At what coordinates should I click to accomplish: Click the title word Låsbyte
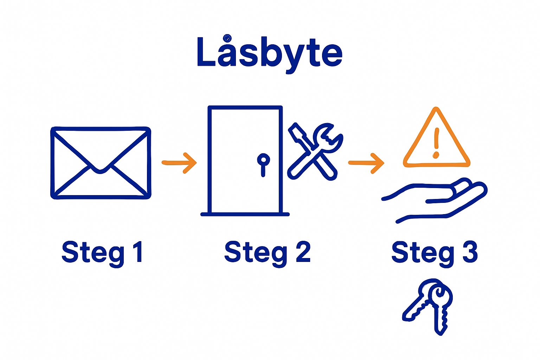270,53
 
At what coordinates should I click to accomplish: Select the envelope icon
101,163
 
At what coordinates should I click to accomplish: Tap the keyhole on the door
263,160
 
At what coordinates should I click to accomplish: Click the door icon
245,160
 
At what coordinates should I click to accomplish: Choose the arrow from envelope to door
179,163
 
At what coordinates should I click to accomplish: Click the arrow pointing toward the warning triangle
366,163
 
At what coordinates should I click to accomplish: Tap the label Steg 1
102,252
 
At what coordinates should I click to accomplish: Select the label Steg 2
267,252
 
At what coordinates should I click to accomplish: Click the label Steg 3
435,252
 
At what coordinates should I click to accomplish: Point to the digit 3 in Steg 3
470,252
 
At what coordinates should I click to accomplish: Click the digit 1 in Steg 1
138,252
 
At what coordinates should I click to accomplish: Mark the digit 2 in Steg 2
303,252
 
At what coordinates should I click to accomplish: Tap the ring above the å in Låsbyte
227,38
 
